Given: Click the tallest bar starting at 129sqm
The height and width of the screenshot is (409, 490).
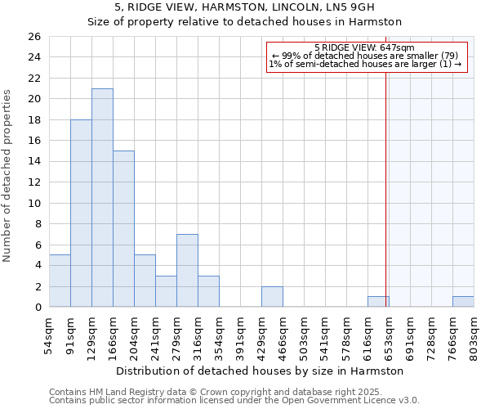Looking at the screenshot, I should (102, 198).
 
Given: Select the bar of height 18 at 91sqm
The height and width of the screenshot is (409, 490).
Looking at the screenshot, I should (81, 213).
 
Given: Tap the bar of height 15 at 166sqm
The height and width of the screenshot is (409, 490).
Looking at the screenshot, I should (123, 229).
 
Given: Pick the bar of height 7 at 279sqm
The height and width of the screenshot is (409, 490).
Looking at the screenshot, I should (187, 271).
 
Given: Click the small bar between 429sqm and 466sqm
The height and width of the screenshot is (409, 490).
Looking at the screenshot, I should (272, 297).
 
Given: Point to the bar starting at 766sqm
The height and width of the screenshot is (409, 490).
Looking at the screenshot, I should (463, 302).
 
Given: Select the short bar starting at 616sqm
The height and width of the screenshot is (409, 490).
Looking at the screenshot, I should (378, 302).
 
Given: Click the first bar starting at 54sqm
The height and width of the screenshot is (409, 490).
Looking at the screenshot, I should (60, 281).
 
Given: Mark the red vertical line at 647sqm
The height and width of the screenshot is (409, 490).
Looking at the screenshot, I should (385, 188).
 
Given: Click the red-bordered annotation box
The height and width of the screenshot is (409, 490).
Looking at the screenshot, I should (365, 56).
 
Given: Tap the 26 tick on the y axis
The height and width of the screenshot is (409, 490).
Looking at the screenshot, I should (33, 37).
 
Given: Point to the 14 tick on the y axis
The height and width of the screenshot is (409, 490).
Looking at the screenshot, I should (33, 162).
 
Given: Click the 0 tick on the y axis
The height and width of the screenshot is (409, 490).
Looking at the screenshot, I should (37, 308).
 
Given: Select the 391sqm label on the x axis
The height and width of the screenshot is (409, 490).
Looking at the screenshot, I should (240, 335).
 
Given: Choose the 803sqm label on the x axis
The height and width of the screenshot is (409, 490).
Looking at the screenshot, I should (474, 335).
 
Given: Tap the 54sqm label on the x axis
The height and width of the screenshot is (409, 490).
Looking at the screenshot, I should (49, 335).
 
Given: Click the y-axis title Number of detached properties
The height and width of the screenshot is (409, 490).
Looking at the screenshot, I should (7, 176).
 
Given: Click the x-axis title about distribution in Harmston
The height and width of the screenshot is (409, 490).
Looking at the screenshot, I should (261, 371).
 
